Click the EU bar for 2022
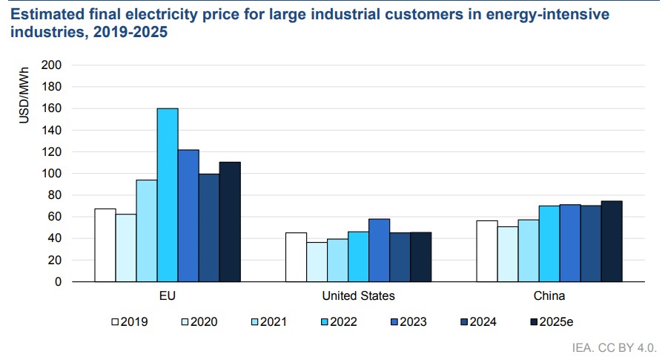pyautogui.click(x=168, y=195)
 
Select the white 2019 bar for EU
pyautogui.click(x=105, y=245)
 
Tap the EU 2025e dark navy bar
pyautogui.click(x=230, y=222)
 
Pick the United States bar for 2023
pyautogui.click(x=379, y=250)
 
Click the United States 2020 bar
pyautogui.click(x=317, y=261)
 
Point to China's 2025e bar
pyautogui.click(x=612, y=241)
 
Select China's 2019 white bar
pyautogui.click(x=487, y=251)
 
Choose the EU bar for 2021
pyautogui.click(x=147, y=231)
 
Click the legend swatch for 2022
pyautogui.click(x=325, y=322)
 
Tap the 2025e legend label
pyautogui.click(x=556, y=322)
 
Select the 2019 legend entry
pyautogui.click(x=130, y=322)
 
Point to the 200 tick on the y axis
pyautogui.click(x=51, y=65)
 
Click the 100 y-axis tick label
pyautogui.click(x=51, y=173)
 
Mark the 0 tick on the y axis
pyautogui.click(x=58, y=282)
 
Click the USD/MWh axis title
pyautogui.click(x=24, y=95)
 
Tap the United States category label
pyautogui.click(x=358, y=296)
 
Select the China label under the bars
pyautogui.click(x=549, y=296)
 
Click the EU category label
pyautogui.click(x=168, y=296)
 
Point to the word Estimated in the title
pyautogui.click(x=47, y=14)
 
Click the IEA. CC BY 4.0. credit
pyautogui.click(x=614, y=347)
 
